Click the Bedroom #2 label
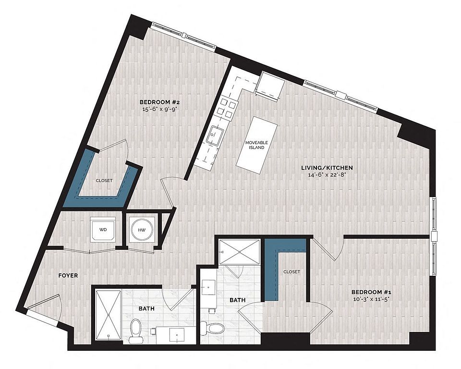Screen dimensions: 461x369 point(159,102)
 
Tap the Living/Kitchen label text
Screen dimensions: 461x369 point(327,168)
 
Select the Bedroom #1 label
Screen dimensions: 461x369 point(371,292)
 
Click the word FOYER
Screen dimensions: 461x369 point(68,276)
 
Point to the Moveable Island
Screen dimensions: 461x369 point(257,145)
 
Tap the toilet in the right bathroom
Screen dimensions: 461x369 point(212,328)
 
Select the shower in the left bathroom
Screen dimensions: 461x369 point(109,315)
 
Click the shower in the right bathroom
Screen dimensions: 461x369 point(240,252)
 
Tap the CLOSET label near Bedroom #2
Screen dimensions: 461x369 point(104,180)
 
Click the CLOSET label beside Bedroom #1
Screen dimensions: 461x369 point(291,271)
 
